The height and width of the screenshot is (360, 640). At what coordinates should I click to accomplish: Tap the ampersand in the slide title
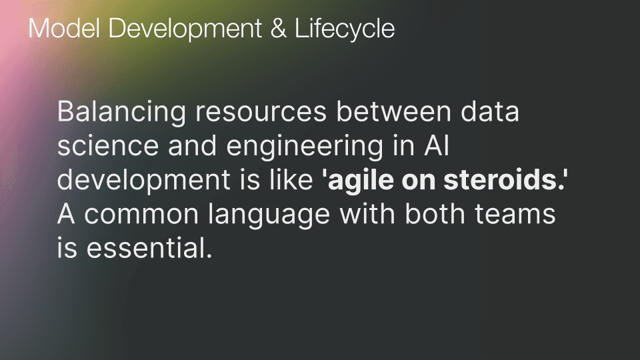pos(277,29)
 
